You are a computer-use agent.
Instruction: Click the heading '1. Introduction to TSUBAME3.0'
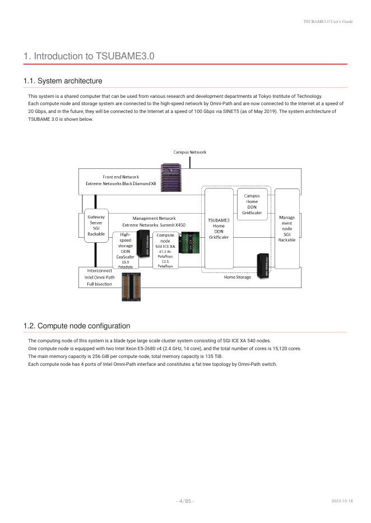(89, 56)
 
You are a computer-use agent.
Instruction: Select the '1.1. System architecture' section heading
(63, 81)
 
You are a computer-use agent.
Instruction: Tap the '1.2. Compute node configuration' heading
(77, 326)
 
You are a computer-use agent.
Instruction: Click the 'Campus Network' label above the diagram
(189, 152)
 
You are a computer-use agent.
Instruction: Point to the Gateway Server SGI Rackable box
(96, 225)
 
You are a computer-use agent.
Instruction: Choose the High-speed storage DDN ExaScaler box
(125, 250)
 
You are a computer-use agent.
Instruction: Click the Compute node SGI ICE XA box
(165, 250)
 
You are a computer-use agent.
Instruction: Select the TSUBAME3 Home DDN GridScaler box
(219, 228)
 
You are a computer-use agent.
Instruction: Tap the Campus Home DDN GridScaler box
(252, 204)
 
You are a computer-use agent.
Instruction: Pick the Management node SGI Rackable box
(286, 228)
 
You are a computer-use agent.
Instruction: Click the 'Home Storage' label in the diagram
(238, 276)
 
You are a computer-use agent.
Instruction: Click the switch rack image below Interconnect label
(131, 287)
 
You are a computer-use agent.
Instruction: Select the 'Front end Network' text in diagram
(120, 177)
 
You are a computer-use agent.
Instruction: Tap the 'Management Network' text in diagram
(154, 218)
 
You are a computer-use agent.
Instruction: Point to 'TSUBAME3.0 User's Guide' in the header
(328, 21)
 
